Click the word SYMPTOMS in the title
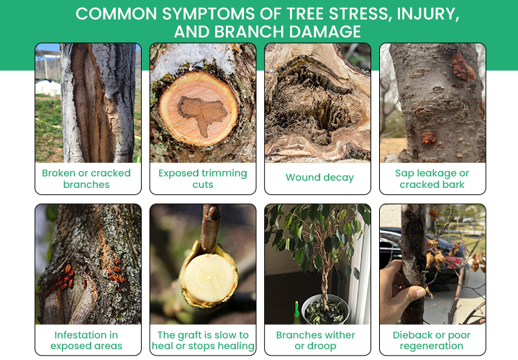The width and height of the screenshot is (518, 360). [208, 14]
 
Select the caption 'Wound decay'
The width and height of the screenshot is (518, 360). [319, 178]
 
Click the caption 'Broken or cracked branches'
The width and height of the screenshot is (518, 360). [86, 179]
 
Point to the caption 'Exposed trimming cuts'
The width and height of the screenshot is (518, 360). [202, 179]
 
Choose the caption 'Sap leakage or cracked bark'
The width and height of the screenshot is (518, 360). [432, 179]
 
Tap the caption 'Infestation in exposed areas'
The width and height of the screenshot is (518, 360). [86, 340]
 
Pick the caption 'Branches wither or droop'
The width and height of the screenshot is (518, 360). [316, 340]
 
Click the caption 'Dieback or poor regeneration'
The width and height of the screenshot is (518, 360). [432, 340]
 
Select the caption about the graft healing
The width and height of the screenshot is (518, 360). [203, 340]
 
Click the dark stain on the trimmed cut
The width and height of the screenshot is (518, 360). [202, 114]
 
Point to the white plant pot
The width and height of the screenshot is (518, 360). [325, 309]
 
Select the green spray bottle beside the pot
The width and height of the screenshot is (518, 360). [296, 312]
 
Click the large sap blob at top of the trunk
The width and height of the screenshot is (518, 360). [463, 68]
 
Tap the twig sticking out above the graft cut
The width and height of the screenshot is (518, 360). [210, 228]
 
